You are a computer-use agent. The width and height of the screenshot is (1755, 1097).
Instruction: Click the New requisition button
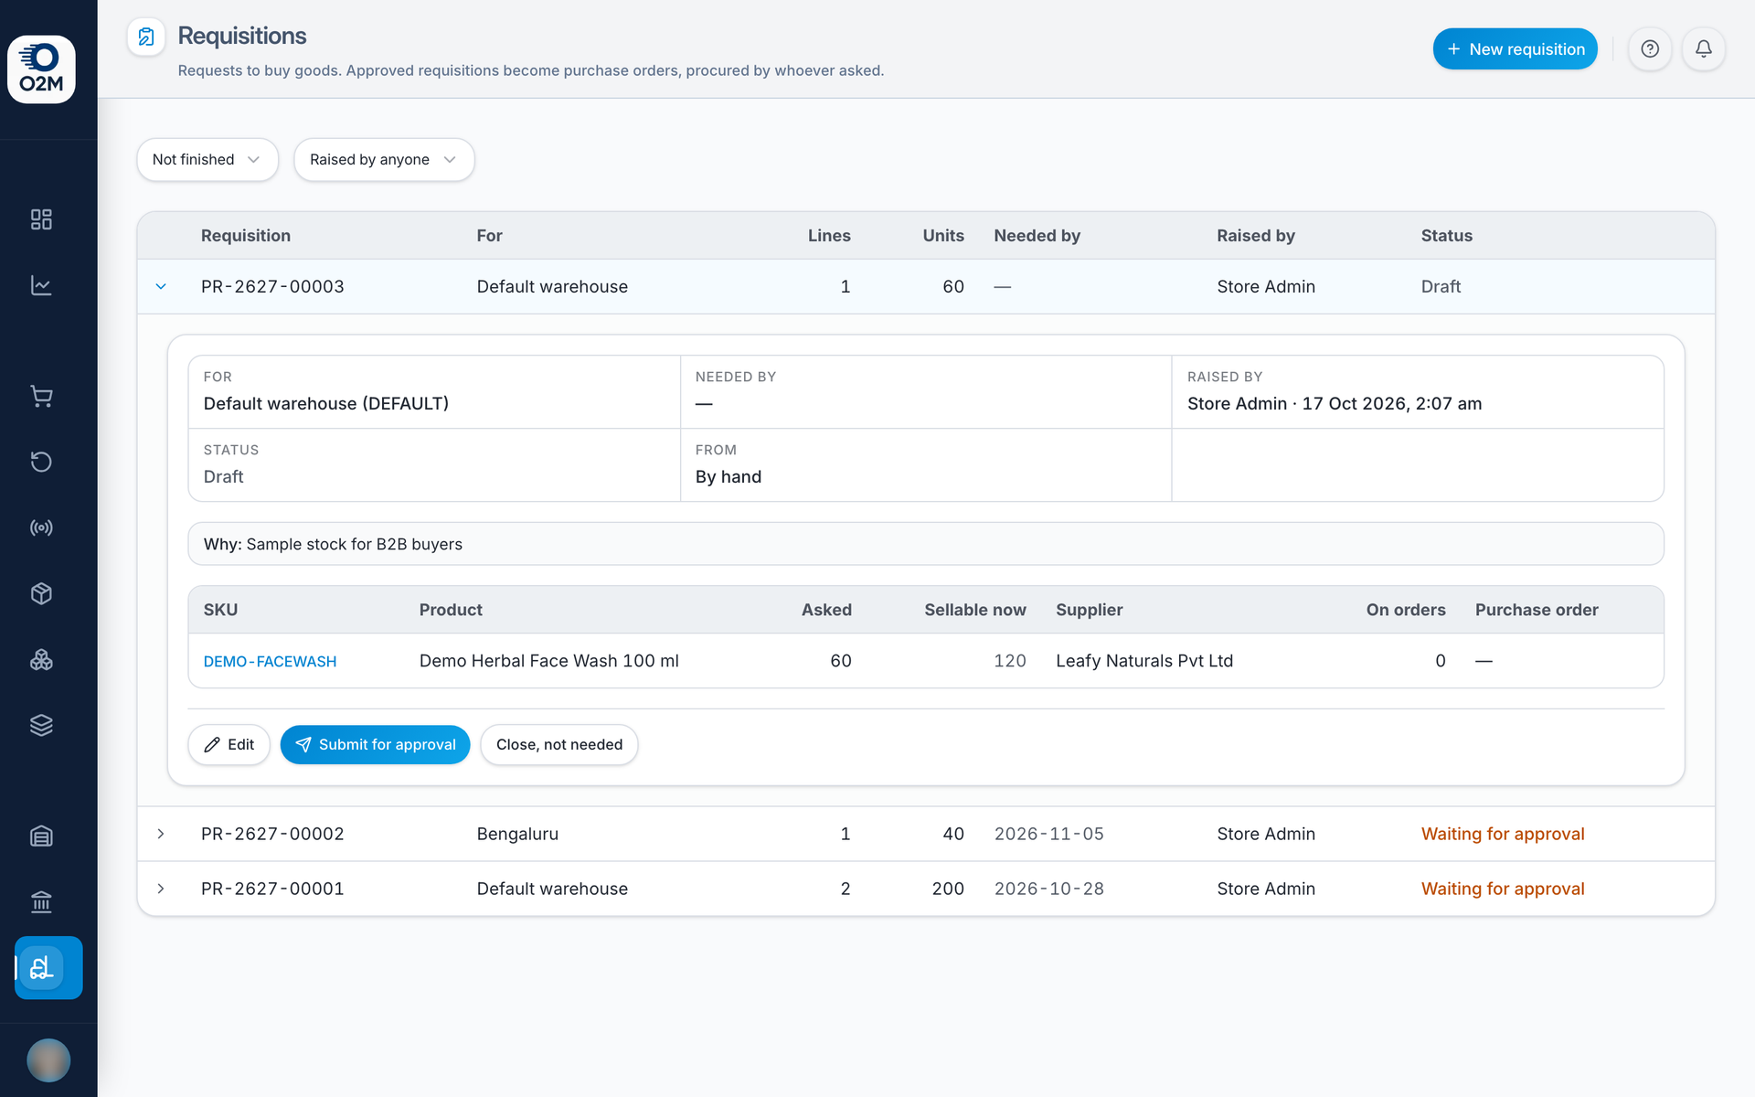[x=1515, y=49]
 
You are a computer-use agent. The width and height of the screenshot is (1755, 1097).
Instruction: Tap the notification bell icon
[x=1703, y=49]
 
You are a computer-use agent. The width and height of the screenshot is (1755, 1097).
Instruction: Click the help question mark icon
[x=1650, y=49]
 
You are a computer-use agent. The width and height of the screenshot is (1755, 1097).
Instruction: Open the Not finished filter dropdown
[x=207, y=160]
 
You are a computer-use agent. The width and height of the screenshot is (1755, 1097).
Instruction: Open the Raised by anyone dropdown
[x=384, y=160]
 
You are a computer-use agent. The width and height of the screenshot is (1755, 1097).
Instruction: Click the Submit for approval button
[x=375, y=745]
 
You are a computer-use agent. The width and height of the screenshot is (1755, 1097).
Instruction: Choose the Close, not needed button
[x=559, y=745]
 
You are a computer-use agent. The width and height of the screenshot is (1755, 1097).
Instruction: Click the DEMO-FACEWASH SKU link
[x=270, y=661]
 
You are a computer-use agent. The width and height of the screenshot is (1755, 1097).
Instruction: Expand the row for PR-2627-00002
[x=161, y=834]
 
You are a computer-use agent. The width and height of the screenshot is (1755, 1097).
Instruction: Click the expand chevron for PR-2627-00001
[x=161, y=889]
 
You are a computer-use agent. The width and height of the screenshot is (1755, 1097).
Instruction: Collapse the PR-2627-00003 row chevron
[x=161, y=287]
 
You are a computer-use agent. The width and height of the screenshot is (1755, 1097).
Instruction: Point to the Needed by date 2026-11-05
[x=1049, y=834]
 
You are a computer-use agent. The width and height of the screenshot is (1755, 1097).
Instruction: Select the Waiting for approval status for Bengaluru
[x=1503, y=834]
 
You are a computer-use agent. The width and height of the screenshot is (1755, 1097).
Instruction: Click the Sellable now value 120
[x=1010, y=661]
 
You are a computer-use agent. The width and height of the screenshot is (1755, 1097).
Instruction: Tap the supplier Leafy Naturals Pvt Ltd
[x=1144, y=661]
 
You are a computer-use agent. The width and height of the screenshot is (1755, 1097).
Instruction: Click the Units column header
[x=943, y=236]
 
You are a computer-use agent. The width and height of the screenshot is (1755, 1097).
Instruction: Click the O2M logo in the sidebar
[x=41, y=69]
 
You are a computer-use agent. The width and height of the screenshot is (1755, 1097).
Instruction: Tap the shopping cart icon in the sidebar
[x=41, y=397]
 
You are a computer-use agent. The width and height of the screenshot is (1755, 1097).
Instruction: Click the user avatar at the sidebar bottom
[x=48, y=1060]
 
